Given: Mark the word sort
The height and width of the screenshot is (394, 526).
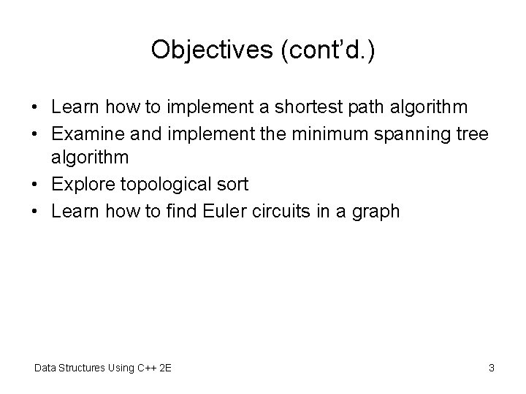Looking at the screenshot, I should [232, 185].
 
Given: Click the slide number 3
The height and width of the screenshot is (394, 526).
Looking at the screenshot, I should [492, 368].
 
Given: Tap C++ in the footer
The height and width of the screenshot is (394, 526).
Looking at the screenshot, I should [146, 368].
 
